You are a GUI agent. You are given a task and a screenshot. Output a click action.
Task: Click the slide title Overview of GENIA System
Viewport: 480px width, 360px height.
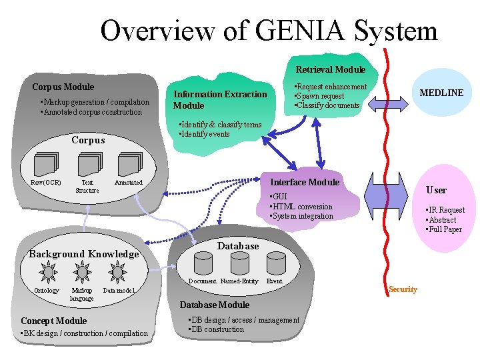[269, 31]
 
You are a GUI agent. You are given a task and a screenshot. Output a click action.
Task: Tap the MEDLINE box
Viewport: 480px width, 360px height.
[441, 93]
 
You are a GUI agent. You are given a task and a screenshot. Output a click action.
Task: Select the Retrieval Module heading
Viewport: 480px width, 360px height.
[330, 69]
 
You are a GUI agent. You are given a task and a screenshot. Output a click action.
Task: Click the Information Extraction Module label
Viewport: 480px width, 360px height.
[219, 100]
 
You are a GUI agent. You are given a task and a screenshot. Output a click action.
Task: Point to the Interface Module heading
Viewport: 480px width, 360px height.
[304, 183]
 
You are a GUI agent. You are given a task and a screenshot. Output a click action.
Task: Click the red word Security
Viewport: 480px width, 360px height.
[403, 289]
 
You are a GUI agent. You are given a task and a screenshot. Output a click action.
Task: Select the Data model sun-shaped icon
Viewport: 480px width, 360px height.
[118, 272]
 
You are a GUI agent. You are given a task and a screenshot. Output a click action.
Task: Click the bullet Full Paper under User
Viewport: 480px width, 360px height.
[445, 230]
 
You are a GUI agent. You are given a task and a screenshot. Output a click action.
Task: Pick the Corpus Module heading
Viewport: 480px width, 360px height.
[63, 87]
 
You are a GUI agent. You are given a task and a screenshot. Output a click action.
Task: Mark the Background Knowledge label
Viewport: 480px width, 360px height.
[84, 254]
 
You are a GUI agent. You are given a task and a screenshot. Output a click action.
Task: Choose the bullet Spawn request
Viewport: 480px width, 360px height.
[321, 96]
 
